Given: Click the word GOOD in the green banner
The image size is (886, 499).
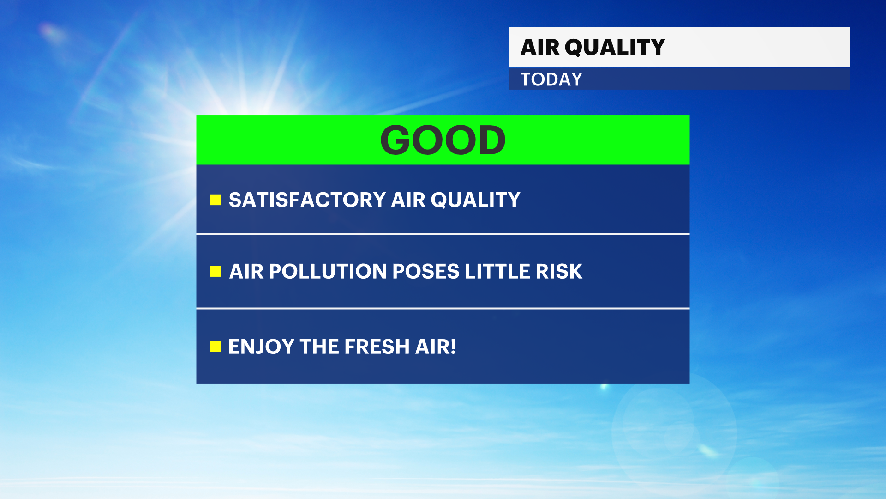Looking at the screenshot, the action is (x=443, y=140).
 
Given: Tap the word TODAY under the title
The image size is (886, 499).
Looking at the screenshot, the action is (x=551, y=79).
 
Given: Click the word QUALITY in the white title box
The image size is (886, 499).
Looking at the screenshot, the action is (x=615, y=48).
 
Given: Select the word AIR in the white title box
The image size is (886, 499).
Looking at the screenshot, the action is (x=540, y=47).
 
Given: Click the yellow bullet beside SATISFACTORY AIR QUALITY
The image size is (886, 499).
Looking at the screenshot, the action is (x=216, y=200).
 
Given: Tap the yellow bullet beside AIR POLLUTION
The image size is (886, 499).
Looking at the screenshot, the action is (x=216, y=271).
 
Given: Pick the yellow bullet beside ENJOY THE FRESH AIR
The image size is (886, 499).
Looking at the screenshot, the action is (x=216, y=347).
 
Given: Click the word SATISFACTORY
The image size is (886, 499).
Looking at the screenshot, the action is (x=307, y=200).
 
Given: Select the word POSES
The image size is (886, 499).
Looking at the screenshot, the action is (x=426, y=272).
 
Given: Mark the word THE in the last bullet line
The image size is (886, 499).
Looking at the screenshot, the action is (x=319, y=347).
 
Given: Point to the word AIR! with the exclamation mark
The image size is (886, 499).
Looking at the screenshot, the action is (x=436, y=347).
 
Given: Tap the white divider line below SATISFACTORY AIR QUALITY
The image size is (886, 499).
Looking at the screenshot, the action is (x=443, y=234).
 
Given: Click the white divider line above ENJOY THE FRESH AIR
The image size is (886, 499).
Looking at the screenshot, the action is (x=443, y=308).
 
